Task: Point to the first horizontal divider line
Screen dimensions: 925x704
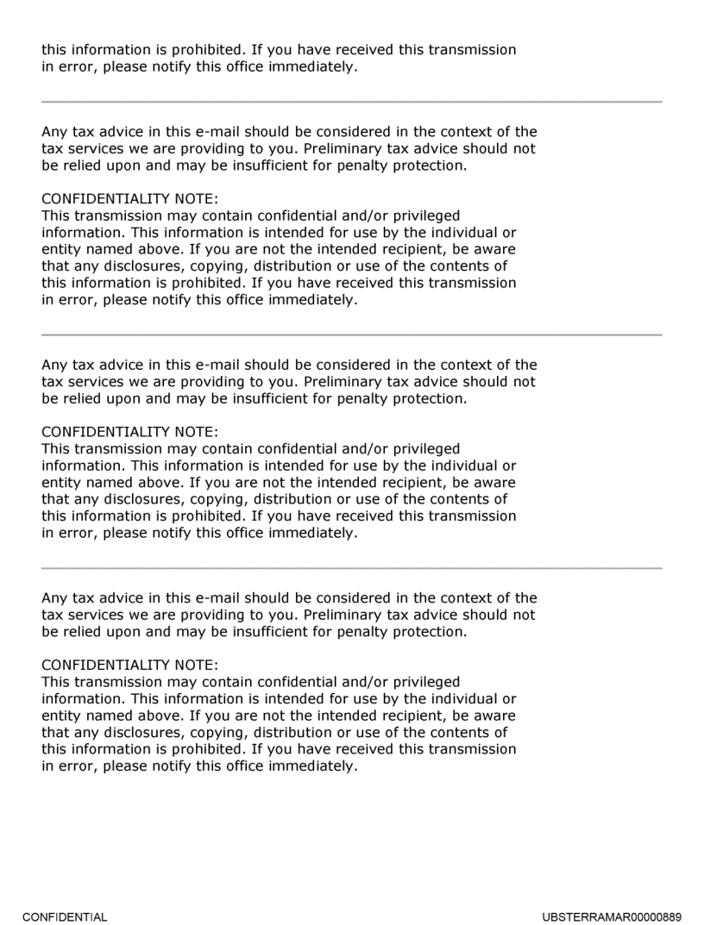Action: pyautogui.click(x=352, y=102)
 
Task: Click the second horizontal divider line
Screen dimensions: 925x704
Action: pyautogui.click(x=352, y=334)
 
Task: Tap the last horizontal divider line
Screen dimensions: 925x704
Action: pyautogui.click(x=352, y=568)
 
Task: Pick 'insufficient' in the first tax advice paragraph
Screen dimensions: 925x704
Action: pyautogui.click(x=278, y=166)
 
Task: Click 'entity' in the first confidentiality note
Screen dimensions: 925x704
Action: pyautogui.click(x=61, y=249)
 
